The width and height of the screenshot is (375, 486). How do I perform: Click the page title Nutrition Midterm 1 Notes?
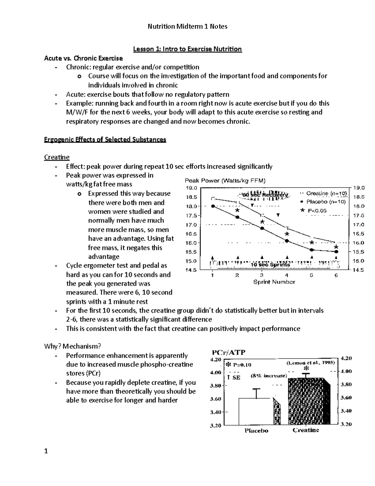[x=187, y=27]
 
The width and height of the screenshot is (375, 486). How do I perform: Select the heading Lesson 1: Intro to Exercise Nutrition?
[x=187, y=49]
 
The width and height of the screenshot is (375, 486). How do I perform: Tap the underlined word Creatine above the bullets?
[x=57, y=157]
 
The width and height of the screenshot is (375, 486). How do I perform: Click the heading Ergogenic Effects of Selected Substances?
[x=105, y=140]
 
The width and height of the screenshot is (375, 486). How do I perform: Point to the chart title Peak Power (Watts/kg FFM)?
[x=225, y=181]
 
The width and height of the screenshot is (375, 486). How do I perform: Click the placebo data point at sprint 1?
[x=213, y=206]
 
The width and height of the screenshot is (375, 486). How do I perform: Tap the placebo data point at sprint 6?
[x=336, y=251]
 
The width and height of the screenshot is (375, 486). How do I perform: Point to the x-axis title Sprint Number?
[x=274, y=282]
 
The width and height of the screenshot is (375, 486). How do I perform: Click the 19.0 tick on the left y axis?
[x=191, y=188]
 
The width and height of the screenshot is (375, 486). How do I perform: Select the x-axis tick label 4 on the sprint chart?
[x=286, y=275]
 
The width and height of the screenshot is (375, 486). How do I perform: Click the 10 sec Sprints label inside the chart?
[x=270, y=265]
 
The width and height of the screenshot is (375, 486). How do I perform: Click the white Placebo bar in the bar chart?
[x=256, y=412]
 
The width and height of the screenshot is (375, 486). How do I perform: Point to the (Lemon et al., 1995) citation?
[x=310, y=363]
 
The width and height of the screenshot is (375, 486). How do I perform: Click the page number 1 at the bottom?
[x=46, y=451]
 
